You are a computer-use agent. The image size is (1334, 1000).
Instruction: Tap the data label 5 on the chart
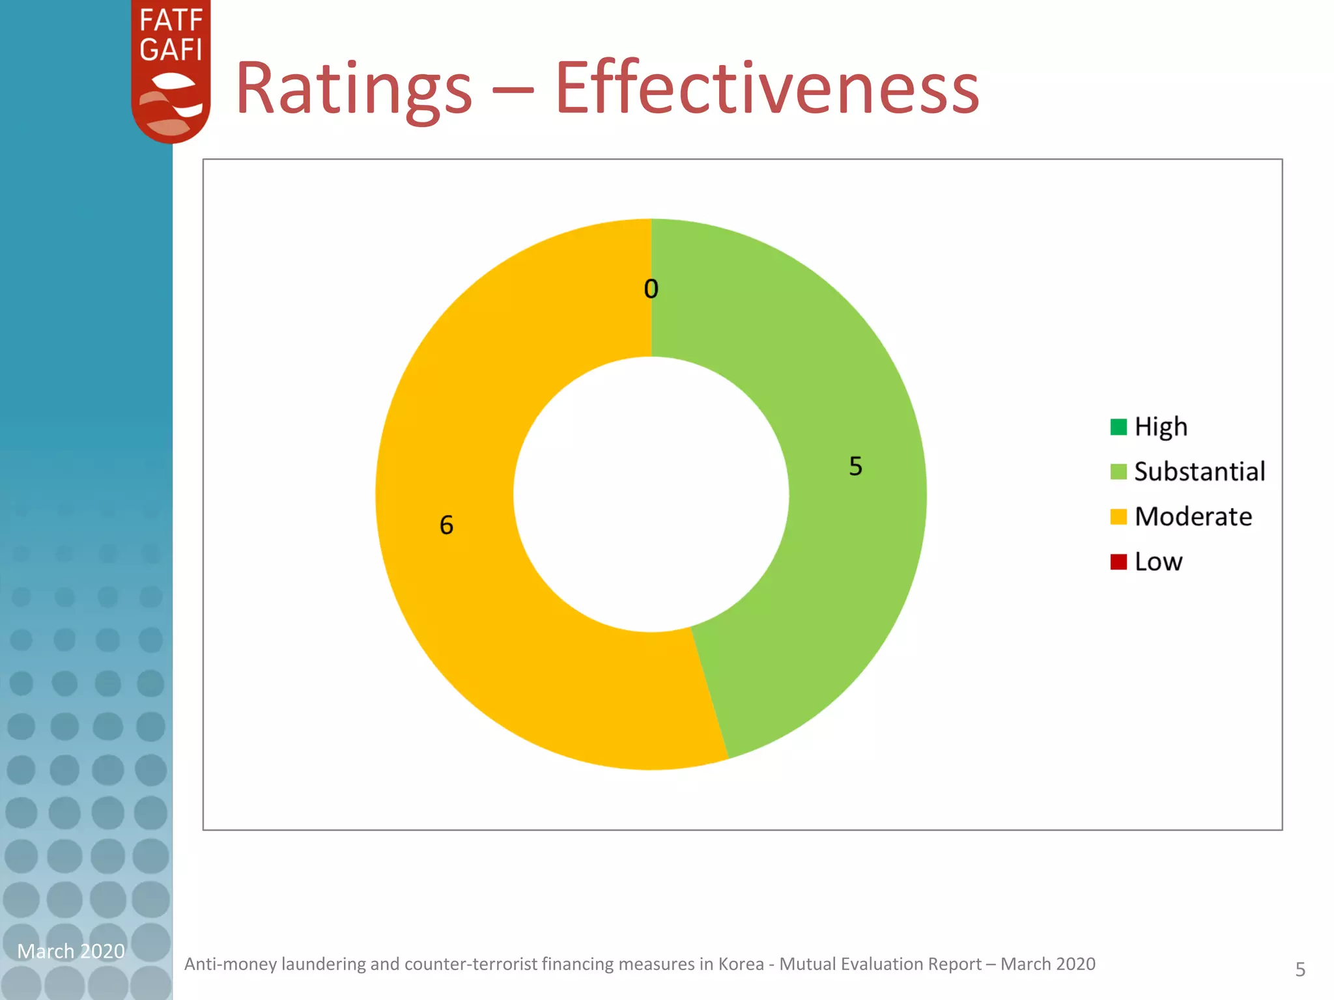pyautogui.click(x=855, y=466)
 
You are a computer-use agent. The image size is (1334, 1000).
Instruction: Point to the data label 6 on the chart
pyautogui.click(x=446, y=525)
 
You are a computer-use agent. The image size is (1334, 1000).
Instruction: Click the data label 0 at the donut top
pyautogui.click(x=651, y=289)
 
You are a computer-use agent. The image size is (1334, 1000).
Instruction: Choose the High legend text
pyautogui.click(x=1161, y=427)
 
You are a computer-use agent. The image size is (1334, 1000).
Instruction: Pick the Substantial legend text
pyautogui.click(x=1199, y=471)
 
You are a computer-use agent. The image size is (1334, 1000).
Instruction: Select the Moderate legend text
pyautogui.click(x=1193, y=516)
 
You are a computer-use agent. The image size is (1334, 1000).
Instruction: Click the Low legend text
pyautogui.click(x=1158, y=561)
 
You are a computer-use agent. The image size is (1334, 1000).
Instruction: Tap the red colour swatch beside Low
pyautogui.click(x=1118, y=561)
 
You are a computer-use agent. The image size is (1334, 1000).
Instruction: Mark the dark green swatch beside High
pyautogui.click(x=1118, y=427)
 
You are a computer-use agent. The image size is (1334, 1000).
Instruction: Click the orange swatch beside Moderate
pyautogui.click(x=1118, y=516)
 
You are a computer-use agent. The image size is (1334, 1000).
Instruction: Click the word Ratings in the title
pyautogui.click(x=354, y=88)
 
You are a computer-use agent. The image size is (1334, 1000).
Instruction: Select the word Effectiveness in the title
pyautogui.click(x=767, y=88)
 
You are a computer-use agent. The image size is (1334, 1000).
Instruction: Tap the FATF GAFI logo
pyautogui.click(x=171, y=70)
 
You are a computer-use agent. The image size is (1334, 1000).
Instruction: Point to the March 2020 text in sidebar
pyautogui.click(x=70, y=951)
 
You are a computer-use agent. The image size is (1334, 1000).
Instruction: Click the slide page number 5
pyautogui.click(x=1300, y=969)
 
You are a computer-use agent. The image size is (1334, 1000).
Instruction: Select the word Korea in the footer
pyautogui.click(x=741, y=964)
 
